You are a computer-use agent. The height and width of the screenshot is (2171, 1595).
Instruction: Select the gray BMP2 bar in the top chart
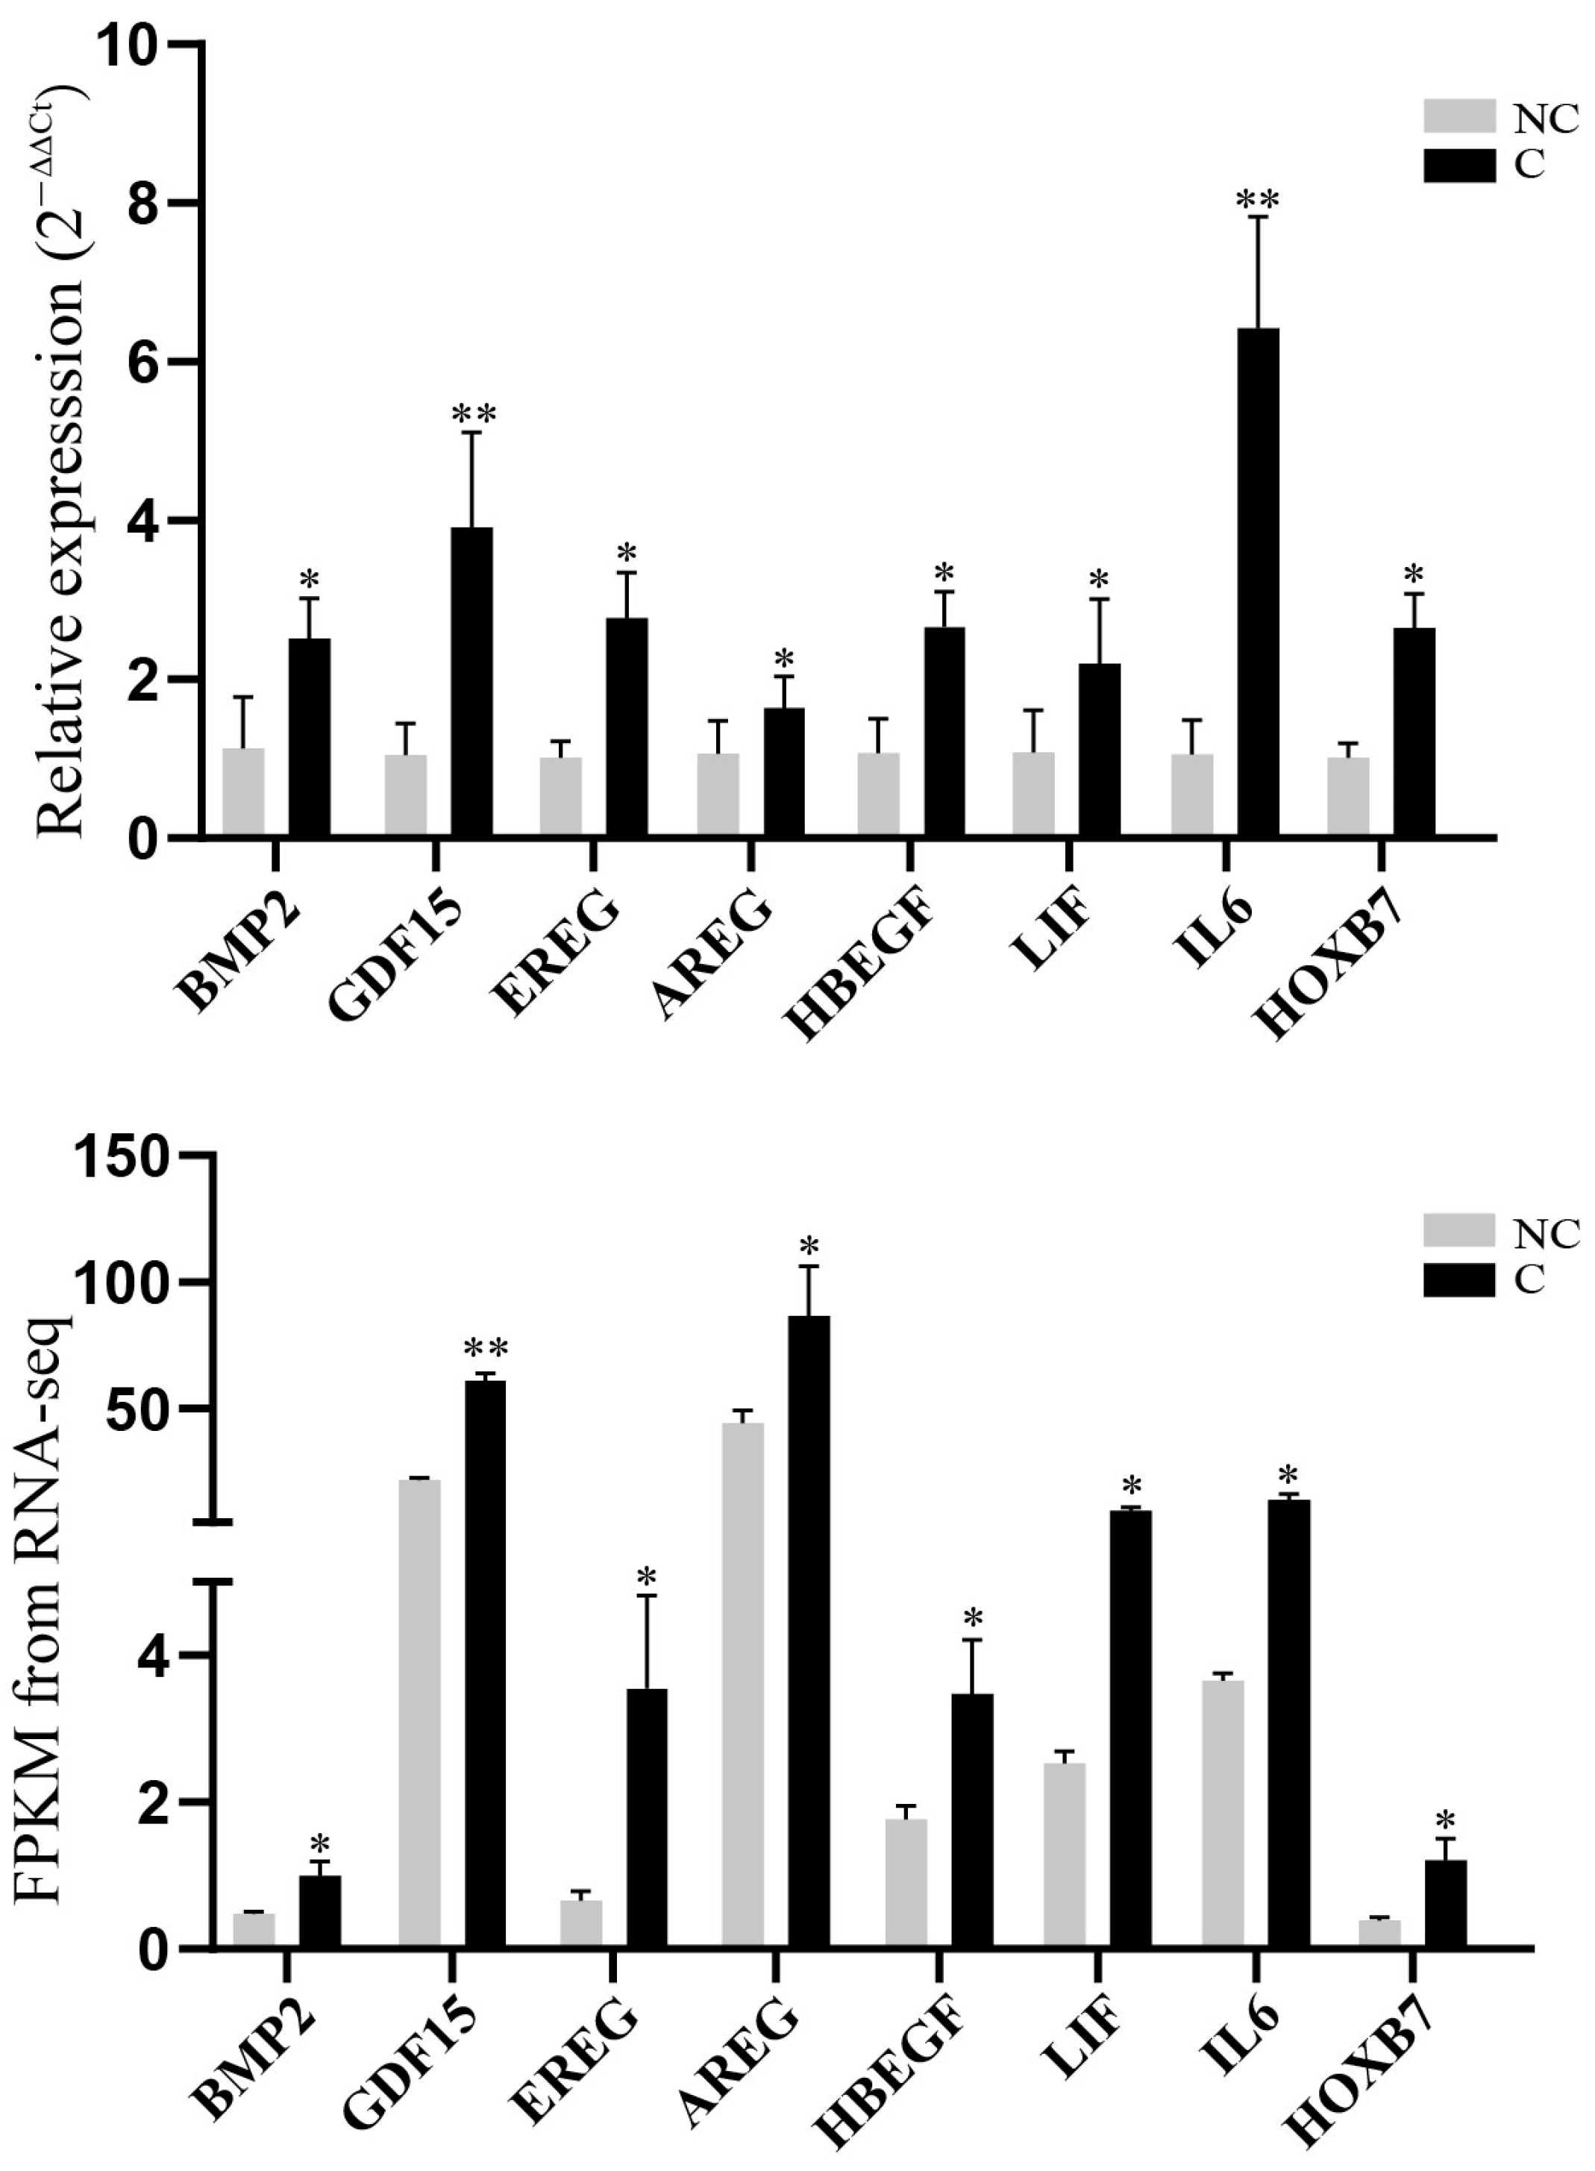click(243, 794)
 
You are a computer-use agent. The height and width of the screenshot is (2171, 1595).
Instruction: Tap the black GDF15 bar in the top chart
click(472, 683)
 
